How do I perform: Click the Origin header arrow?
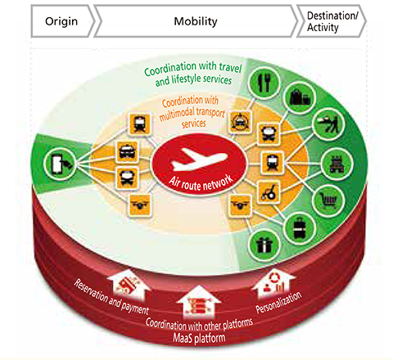(62, 21)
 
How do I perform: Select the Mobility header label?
(196, 21)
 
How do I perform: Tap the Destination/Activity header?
(332, 21)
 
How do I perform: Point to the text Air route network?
(201, 182)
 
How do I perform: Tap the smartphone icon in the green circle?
(60, 164)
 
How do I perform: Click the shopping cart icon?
(328, 200)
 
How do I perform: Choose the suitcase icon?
(300, 228)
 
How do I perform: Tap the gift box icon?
(264, 245)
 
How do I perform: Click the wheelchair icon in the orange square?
(269, 191)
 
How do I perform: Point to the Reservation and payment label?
(111, 297)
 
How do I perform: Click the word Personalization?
(278, 302)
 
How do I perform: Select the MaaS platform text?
(199, 338)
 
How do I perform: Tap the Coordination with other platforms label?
(199, 324)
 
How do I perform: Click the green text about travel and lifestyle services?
(193, 74)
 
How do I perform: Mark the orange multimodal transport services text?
(192, 112)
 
